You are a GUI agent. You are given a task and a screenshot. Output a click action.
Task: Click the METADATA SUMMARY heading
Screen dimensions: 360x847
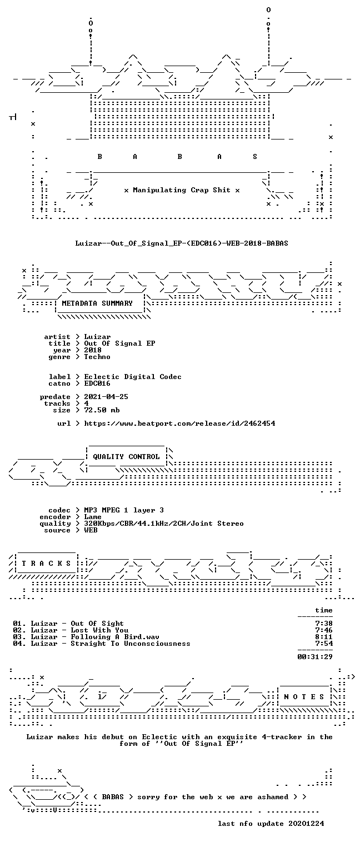(x=97, y=303)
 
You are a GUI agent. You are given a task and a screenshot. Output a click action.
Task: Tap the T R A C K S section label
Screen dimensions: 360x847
(x=46, y=563)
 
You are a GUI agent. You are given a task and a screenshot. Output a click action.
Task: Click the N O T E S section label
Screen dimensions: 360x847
(x=304, y=696)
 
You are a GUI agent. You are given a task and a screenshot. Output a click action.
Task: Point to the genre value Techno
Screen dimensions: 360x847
(x=97, y=357)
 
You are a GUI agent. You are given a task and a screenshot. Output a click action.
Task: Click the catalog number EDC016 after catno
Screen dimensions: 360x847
(x=97, y=383)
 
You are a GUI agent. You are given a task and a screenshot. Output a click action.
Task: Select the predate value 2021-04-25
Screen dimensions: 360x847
(x=106, y=397)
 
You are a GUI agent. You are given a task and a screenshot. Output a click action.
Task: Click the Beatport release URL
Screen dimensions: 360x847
(x=179, y=423)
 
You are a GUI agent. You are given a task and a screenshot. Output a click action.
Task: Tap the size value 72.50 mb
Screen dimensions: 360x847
(x=102, y=410)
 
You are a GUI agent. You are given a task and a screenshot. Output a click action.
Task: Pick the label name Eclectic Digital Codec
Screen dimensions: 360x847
(x=133, y=377)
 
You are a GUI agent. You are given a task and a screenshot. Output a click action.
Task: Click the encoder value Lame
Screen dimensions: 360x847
(x=93, y=516)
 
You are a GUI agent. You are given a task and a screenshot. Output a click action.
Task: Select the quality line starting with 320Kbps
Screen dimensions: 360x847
(x=164, y=524)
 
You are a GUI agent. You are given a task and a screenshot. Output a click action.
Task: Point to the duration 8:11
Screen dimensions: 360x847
(x=324, y=636)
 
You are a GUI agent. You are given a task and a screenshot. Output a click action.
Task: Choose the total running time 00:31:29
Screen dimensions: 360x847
(x=315, y=657)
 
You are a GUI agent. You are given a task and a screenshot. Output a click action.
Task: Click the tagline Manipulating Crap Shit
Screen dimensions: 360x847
(x=182, y=190)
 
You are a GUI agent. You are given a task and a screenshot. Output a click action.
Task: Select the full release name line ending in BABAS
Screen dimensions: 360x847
(x=182, y=243)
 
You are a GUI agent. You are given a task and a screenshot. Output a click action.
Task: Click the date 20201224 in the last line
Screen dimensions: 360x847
(x=306, y=823)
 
